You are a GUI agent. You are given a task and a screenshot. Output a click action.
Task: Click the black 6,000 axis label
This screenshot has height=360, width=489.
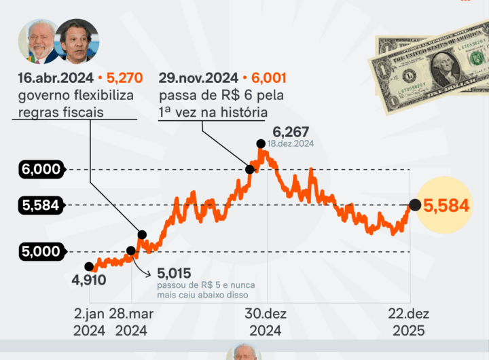tap(41, 170)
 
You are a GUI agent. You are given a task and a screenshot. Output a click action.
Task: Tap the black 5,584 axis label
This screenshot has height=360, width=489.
tap(41, 205)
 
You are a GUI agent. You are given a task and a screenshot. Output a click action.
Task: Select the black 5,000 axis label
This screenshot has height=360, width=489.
tap(41, 252)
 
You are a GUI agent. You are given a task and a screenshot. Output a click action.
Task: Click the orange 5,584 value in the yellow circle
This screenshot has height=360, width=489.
tap(446, 205)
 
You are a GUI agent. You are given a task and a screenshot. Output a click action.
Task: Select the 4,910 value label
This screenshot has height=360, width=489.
tap(89, 279)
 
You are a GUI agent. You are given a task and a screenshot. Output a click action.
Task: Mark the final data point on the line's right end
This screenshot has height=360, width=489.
tap(414, 204)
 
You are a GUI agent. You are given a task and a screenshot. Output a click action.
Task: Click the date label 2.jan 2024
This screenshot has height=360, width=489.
tap(89, 322)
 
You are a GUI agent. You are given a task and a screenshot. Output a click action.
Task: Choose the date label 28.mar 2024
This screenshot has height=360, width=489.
tap(131, 322)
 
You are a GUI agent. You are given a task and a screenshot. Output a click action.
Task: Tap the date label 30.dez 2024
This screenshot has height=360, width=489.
tap(267, 322)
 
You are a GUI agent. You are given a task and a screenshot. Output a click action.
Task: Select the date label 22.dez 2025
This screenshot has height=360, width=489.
tap(408, 322)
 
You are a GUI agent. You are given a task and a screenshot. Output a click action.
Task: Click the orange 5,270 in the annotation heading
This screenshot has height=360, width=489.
tap(116, 78)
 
